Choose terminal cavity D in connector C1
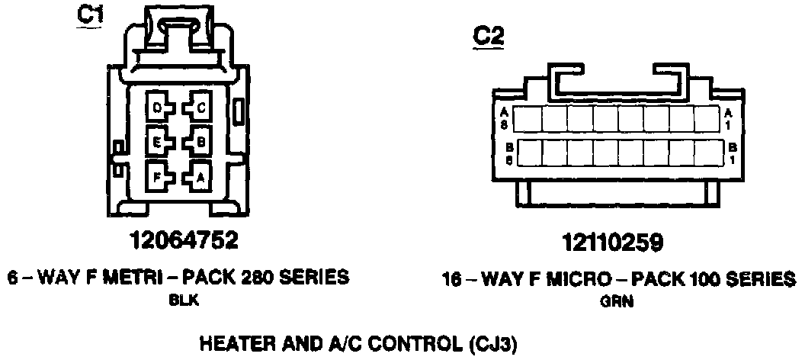157,108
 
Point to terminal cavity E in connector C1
157,141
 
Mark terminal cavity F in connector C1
157,177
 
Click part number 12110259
612,243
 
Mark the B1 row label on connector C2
733,152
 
